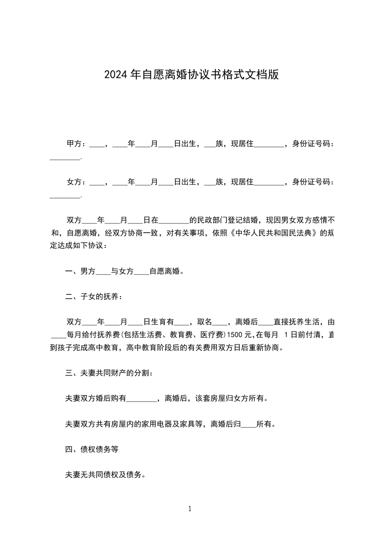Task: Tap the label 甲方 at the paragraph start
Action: [x=73, y=143]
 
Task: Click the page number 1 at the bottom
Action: [x=190, y=509]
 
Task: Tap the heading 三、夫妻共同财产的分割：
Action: [x=109, y=373]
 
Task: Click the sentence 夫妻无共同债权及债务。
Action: [x=105, y=475]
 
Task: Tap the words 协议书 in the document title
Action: [x=214, y=75]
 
